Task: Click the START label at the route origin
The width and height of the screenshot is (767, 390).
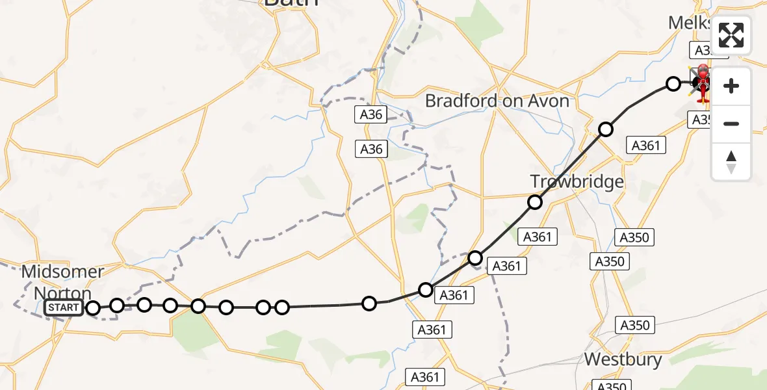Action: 64,307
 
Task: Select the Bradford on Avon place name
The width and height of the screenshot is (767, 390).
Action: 497,101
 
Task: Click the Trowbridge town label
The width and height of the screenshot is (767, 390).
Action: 577,181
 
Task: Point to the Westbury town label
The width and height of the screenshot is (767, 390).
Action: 623,359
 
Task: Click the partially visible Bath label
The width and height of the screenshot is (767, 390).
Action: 291,3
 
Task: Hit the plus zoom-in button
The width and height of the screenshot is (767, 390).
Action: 731,86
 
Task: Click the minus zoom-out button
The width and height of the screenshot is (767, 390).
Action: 731,123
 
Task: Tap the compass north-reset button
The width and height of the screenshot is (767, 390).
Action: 731,161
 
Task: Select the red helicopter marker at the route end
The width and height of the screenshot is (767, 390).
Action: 703,83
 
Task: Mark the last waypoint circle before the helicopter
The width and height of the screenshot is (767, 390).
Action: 673,83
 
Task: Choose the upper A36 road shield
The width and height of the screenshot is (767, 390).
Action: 371,115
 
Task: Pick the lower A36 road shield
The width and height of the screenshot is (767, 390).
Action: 371,149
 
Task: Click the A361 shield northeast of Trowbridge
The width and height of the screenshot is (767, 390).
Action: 645,146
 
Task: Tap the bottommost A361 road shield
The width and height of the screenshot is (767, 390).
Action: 425,376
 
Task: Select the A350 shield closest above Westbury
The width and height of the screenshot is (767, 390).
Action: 635,325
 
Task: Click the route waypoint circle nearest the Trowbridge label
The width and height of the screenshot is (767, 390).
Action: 534,202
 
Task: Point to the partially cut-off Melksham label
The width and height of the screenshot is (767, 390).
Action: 690,23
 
